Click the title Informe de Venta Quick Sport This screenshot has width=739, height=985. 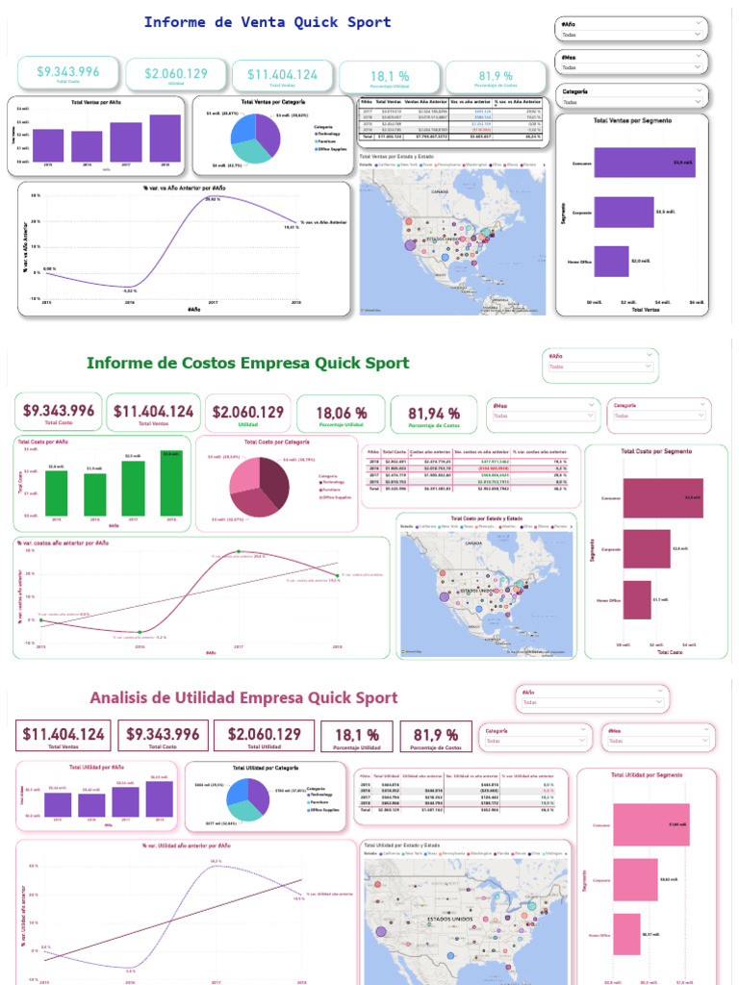[x=268, y=22]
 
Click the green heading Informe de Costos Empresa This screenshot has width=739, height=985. [x=247, y=363]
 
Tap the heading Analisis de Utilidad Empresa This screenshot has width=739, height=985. [x=243, y=697]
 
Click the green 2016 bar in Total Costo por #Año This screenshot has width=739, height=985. [x=94, y=493]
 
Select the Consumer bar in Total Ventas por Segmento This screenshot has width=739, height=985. [x=629, y=163]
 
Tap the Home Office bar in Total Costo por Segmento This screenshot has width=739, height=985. [x=637, y=599]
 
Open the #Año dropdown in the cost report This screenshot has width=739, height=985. [x=600, y=366]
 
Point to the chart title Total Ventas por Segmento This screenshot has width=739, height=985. [x=632, y=120]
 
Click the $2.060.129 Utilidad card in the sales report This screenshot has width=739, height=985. [x=176, y=75]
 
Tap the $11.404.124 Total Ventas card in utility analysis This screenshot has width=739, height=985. [x=64, y=736]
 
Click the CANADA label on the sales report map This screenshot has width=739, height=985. [x=440, y=191]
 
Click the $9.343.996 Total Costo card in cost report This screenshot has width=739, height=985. [x=59, y=413]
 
